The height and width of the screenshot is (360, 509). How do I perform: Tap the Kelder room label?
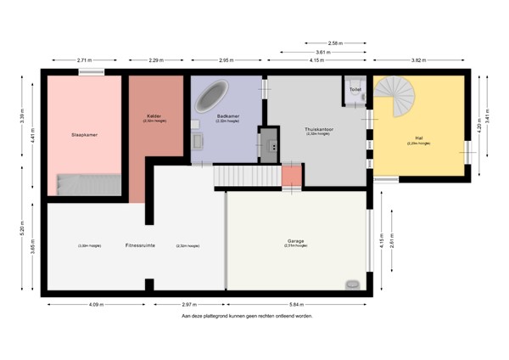[154, 115]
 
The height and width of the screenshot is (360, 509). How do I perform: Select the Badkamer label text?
[228, 116]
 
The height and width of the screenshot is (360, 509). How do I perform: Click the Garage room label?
[295, 240]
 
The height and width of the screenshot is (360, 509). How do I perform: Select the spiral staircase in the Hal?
[396, 99]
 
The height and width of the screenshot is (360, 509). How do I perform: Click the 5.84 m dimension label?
[296, 303]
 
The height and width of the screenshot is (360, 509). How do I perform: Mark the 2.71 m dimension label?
[84, 60]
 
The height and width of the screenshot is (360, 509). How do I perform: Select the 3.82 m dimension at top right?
[418, 60]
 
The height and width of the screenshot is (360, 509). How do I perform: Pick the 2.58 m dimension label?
[334, 42]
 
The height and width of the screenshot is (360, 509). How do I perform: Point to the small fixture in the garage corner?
[352, 284]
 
